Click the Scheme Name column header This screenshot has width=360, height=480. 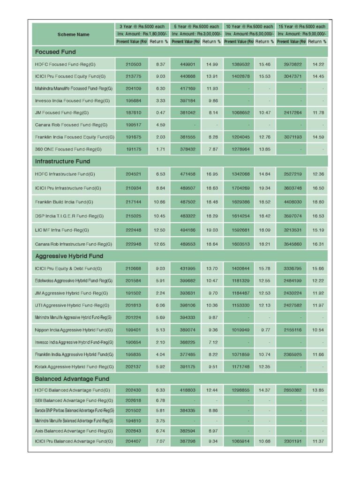(x=73, y=34)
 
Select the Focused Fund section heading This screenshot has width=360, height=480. (x=55, y=52)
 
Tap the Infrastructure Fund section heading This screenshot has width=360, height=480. (x=62, y=161)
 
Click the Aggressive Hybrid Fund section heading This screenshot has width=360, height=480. (x=69, y=256)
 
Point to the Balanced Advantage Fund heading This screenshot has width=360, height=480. (x=72, y=379)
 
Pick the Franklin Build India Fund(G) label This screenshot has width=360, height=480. (x=64, y=202)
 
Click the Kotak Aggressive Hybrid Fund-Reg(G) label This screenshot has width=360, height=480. (x=74, y=366)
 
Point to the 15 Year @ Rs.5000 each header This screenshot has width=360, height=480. (x=301, y=27)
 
